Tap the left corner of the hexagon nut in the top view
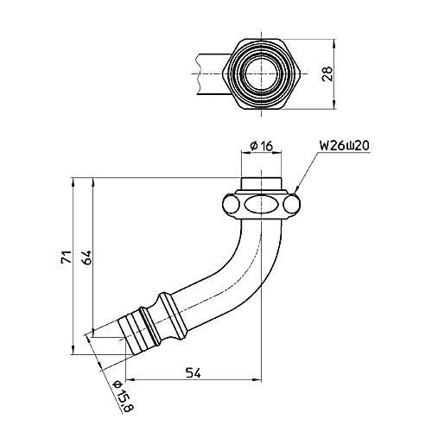223,75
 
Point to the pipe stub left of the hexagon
207,75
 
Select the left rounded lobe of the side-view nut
231,205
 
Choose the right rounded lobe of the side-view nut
292,205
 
